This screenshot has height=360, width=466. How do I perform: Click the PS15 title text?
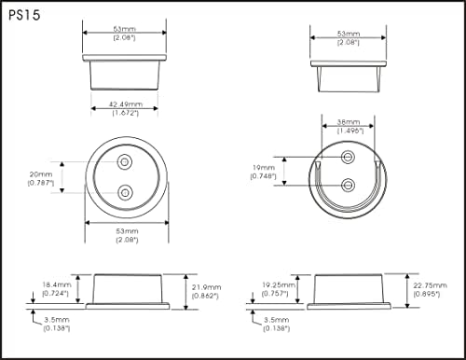(24, 15)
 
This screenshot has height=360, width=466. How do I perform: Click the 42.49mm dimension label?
(126, 104)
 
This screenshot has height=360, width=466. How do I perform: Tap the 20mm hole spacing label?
(41, 174)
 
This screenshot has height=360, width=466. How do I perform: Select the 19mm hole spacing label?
(264, 168)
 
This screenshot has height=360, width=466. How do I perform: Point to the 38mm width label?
(349, 122)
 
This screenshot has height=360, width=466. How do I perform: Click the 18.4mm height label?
(57, 284)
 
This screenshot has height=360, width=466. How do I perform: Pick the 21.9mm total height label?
(206, 287)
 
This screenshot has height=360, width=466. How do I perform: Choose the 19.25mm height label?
(279, 284)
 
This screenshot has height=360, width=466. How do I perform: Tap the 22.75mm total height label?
(430, 285)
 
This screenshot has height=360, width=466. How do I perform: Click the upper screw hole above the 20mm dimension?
(125, 162)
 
